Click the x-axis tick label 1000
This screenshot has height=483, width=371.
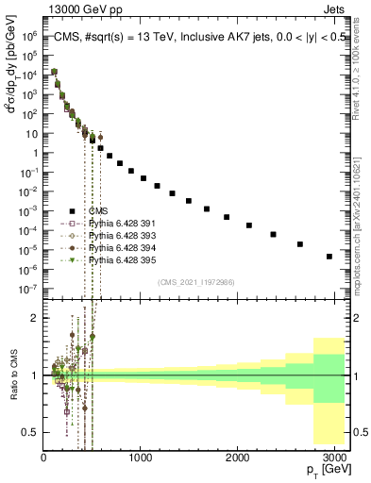pos(141,457)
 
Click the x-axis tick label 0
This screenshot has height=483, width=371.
pos(43,457)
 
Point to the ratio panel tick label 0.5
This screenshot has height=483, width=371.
pos(28,432)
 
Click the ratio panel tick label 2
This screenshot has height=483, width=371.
pos(34,318)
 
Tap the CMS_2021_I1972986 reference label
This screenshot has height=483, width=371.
pos(195,281)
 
